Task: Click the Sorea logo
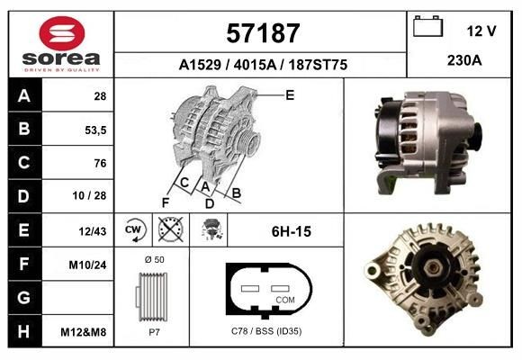[61, 44]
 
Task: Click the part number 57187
[261, 34]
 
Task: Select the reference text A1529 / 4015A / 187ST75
[263, 66]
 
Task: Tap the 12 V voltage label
[481, 31]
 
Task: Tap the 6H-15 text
[292, 231]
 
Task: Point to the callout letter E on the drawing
[290, 94]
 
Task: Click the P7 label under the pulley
[153, 331]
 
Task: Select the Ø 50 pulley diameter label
[153, 259]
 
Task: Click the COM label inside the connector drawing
[285, 299]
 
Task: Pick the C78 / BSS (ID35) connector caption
[267, 331]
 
